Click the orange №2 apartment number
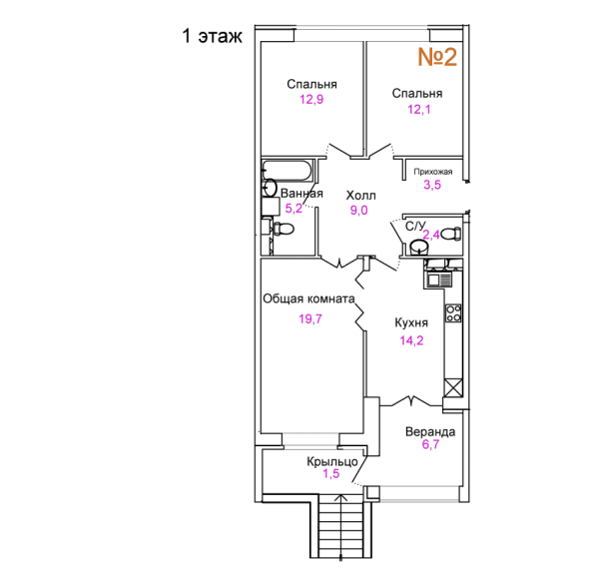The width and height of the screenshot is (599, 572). (437, 57)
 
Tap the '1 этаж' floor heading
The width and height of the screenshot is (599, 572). (212, 36)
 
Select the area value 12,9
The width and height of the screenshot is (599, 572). (311, 100)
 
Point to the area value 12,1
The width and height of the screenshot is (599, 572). (419, 109)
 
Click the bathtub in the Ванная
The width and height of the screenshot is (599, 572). (288, 170)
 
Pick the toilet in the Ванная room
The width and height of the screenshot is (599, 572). (284, 229)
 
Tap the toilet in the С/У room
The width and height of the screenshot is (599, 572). (451, 234)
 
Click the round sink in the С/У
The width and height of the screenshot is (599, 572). (419, 248)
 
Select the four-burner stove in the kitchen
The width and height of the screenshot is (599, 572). (453, 313)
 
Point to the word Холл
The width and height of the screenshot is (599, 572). (360, 196)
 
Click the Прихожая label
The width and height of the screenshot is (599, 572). (433, 172)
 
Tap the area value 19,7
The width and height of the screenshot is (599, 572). (310, 318)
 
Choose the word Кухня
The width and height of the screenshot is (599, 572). (411, 322)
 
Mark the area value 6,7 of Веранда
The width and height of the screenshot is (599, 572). (430, 444)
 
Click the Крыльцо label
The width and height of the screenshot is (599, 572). (332, 461)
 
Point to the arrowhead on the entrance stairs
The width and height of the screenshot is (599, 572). (340, 497)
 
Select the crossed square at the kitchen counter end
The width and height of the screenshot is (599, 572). (453, 388)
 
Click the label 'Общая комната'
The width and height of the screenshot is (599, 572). (308, 298)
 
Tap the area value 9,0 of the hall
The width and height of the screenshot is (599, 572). (359, 211)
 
